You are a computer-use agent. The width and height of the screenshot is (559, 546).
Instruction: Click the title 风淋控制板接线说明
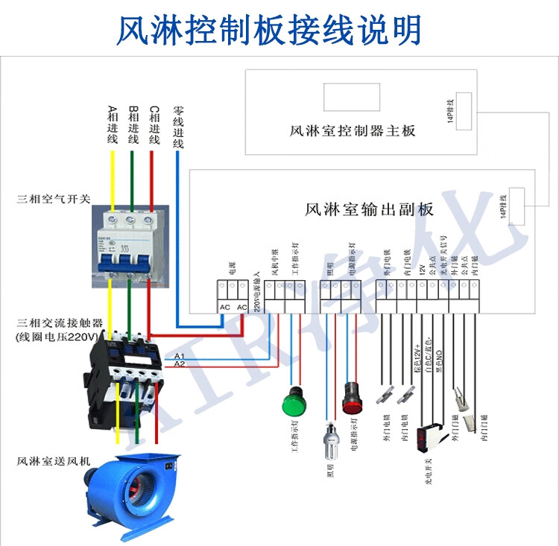tap(269, 29)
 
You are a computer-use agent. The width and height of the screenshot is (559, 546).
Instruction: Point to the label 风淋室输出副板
tap(369, 209)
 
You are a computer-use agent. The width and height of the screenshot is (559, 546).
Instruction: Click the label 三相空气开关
tap(54, 200)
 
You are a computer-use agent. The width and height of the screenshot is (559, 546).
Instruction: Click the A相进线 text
tap(113, 124)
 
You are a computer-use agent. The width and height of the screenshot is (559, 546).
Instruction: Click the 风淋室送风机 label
tap(53, 461)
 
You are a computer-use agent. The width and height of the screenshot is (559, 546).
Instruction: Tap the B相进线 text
tap(133, 124)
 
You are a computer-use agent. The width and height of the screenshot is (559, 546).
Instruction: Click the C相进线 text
tap(154, 124)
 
